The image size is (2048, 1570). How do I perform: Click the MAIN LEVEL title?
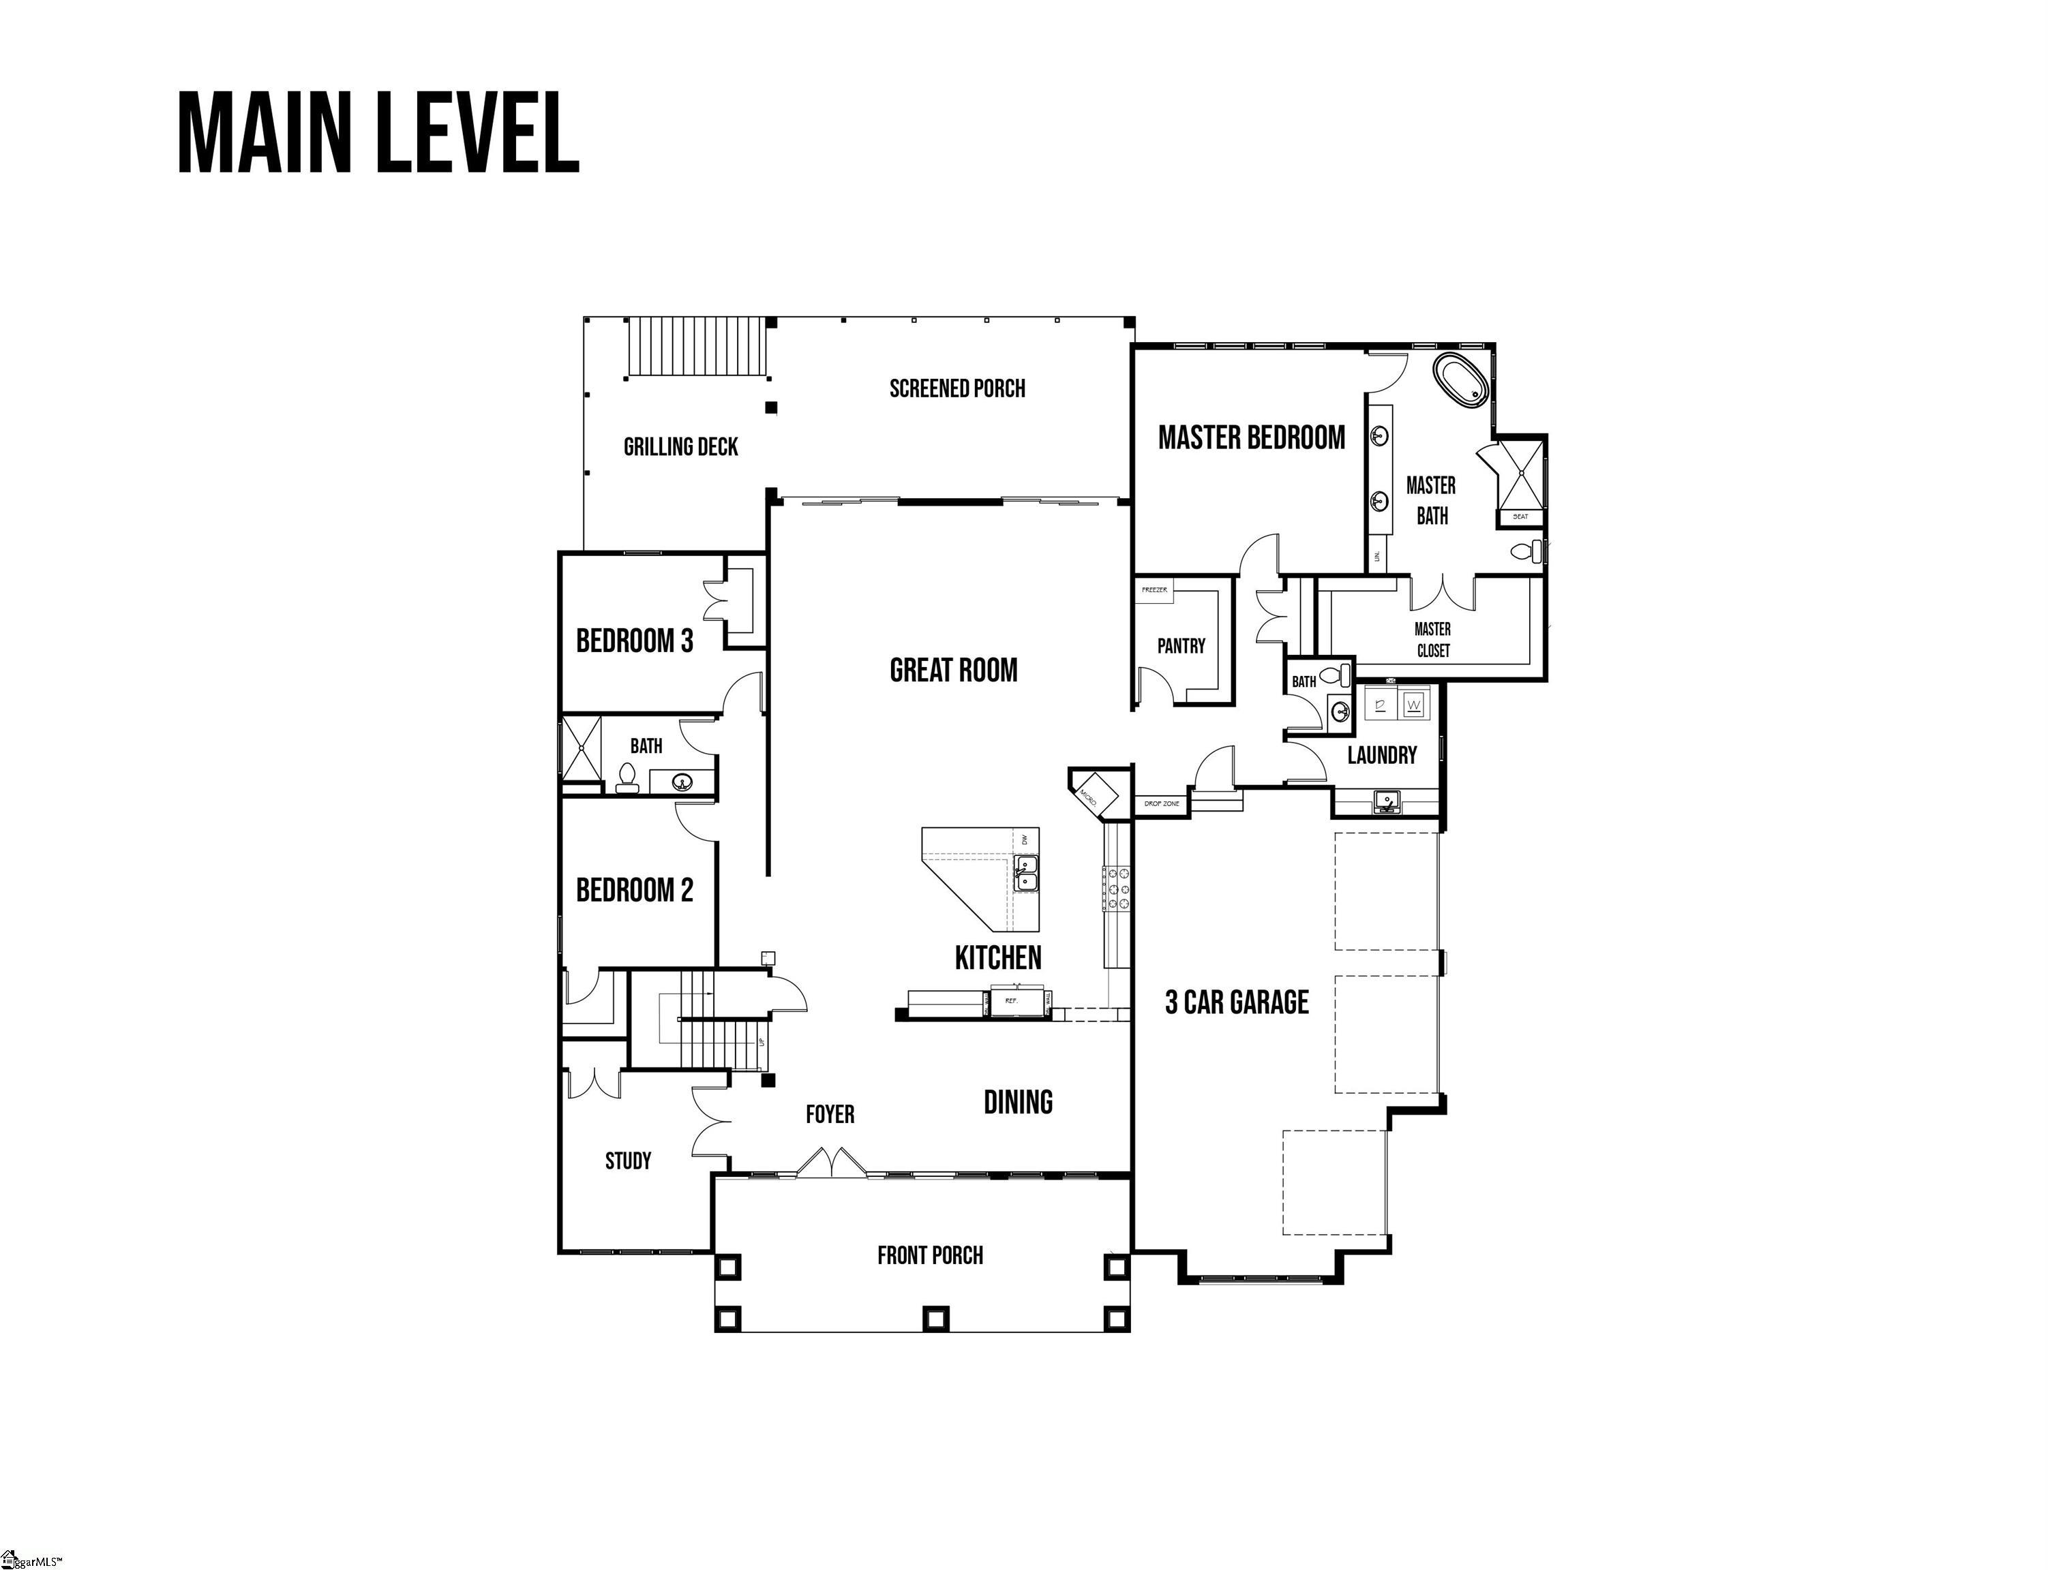tap(378, 133)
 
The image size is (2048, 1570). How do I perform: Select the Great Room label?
tap(952, 670)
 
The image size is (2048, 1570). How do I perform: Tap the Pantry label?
tap(1181, 646)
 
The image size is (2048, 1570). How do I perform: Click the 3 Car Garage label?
tap(1236, 1003)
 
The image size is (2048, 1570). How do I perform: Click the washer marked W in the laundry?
tap(1414, 705)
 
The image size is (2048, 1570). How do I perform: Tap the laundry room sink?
tap(1386, 801)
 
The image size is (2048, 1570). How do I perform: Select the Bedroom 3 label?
tap(634, 641)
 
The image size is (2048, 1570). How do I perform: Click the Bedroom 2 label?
tap(634, 891)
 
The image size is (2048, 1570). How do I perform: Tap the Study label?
tap(627, 1160)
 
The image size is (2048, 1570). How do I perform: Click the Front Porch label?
tap(929, 1255)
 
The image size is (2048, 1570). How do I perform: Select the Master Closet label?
tap(1432, 640)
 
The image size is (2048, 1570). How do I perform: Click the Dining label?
tap(1017, 1103)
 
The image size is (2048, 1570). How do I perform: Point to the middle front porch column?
tap(935, 1319)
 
